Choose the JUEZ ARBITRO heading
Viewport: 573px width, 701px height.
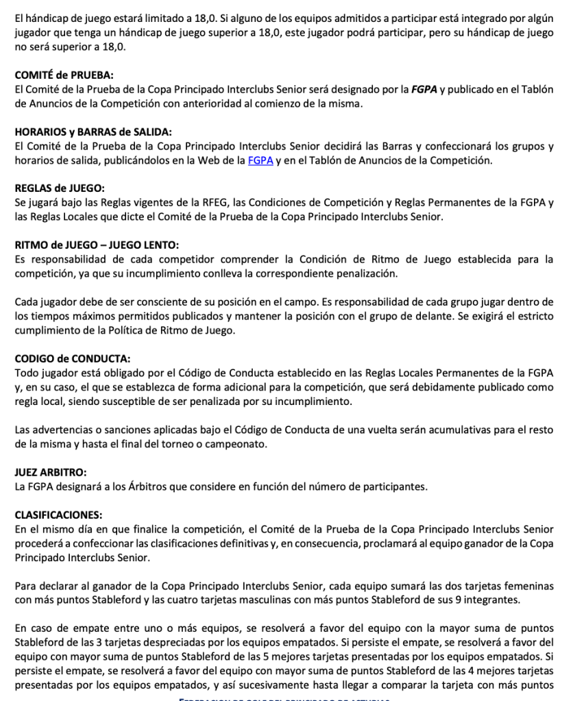tap(50, 472)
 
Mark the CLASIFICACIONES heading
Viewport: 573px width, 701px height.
tap(58, 515)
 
